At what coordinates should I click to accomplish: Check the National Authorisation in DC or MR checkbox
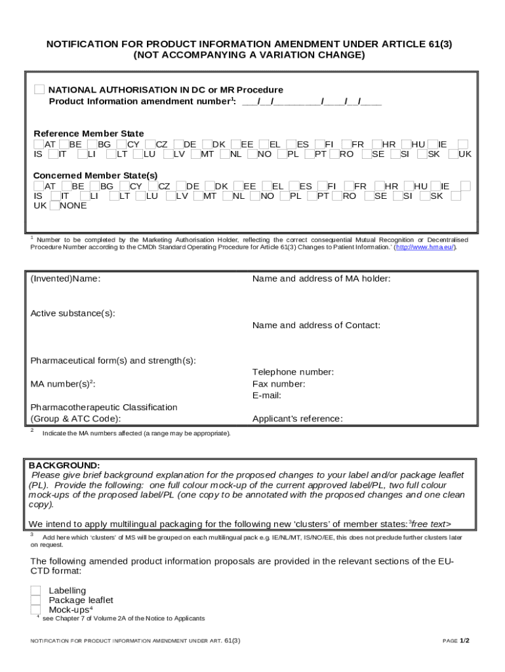39,89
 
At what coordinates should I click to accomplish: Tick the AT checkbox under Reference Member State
39,144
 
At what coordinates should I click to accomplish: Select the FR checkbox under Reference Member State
346,144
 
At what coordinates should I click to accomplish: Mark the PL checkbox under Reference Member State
282,155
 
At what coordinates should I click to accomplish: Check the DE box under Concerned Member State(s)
180,186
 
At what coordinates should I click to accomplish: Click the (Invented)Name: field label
66,279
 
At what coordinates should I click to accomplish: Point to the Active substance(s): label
73,313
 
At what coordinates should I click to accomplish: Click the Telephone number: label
293,372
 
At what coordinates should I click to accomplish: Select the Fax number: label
278,384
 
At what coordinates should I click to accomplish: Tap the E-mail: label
266,396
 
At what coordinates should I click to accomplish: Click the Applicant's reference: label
297,419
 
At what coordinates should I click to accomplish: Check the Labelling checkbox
35,591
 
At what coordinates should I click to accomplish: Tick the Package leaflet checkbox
35,600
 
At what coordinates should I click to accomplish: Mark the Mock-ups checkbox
35,610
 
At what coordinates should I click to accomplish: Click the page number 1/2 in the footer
464,640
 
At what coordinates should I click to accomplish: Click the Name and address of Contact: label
315,325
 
